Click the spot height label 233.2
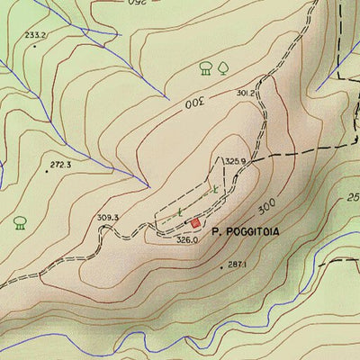coord(35,35)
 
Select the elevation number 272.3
coord(61,165)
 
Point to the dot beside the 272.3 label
coord(47,169)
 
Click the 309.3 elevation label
coord(108,218)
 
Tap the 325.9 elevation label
coord(235,160)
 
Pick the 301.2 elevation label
coord(247,93)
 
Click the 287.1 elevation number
coord(238,265)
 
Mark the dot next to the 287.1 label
coord(221,267)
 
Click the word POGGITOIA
coord(253,232)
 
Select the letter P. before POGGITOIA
coord(217,232)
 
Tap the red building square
coord(194,221)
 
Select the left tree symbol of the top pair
coord(205,67)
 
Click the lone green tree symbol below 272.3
coord(20,221)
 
